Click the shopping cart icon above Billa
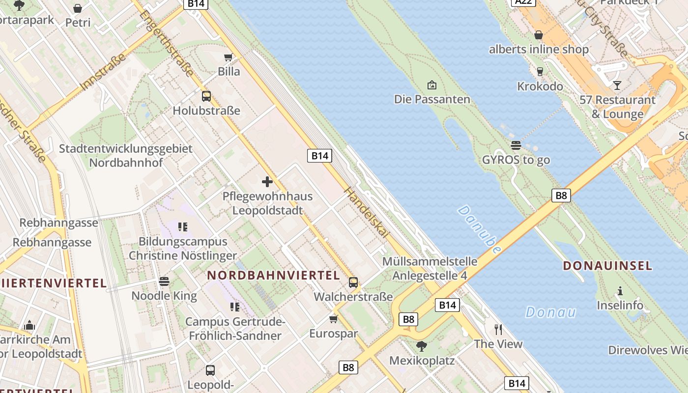click(x=228, y=57)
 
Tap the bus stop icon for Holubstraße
click(x=206, y=96)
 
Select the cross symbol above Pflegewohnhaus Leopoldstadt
click(x=267, y=182)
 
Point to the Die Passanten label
click(x=432, y=99)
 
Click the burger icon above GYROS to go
click(x=516, y=145)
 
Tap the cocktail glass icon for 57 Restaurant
click(x=617, y=85)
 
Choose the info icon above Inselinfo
click(x=620, y=291)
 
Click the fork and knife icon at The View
click(x=498, y=329)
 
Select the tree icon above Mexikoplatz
click(x=421, y=346)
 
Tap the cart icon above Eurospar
click(x=334, y=319)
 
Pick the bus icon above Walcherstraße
click(x=353, y=282)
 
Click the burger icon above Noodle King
click(x=164, y=281)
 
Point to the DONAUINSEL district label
click(x=607, y=266)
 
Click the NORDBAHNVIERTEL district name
click(x=273, y=275)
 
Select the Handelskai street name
click(x=366, y=214)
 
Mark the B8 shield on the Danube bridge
click(x=561, y=196)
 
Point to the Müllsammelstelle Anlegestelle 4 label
click(x=430, y=268)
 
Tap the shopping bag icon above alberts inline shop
click(x=539, y=35)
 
